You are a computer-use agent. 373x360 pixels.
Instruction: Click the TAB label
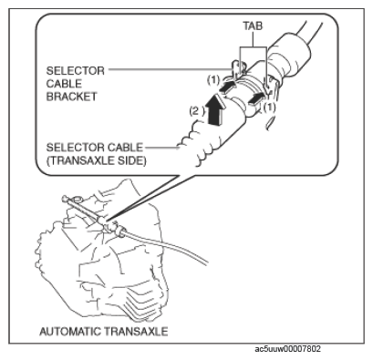[x=253, y=26]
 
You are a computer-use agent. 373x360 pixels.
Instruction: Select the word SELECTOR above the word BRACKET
[x=76, y=71]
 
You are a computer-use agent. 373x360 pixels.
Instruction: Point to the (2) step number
[x=197, y=111]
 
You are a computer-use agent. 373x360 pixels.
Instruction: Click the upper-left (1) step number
[x=213, y=80]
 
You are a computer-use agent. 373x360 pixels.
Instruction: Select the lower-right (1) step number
[x=269, y=108]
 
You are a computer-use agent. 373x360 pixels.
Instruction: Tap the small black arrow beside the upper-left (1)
[x=227, y=87]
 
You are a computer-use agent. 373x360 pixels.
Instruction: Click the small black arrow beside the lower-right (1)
[x=255, y=99]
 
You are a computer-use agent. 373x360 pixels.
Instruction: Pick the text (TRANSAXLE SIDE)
[x=97, y=160]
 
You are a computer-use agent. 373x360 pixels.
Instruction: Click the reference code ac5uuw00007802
[x=287, y=349]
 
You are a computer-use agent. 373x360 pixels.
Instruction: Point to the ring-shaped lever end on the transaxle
[x=77, y=200]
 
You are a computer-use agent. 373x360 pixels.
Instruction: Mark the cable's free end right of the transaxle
[x=207, y=262]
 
